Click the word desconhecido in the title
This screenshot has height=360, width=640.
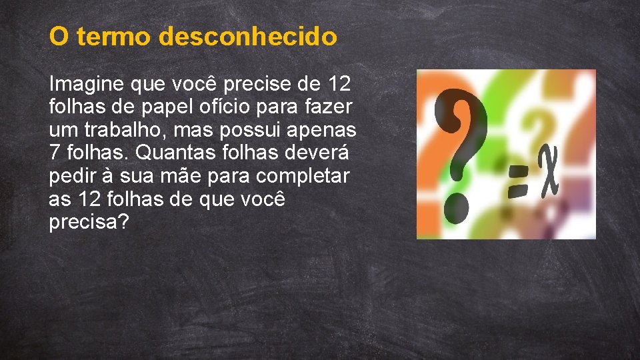click(x=247, y=37)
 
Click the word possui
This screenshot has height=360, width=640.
click(x=249, y=129)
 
